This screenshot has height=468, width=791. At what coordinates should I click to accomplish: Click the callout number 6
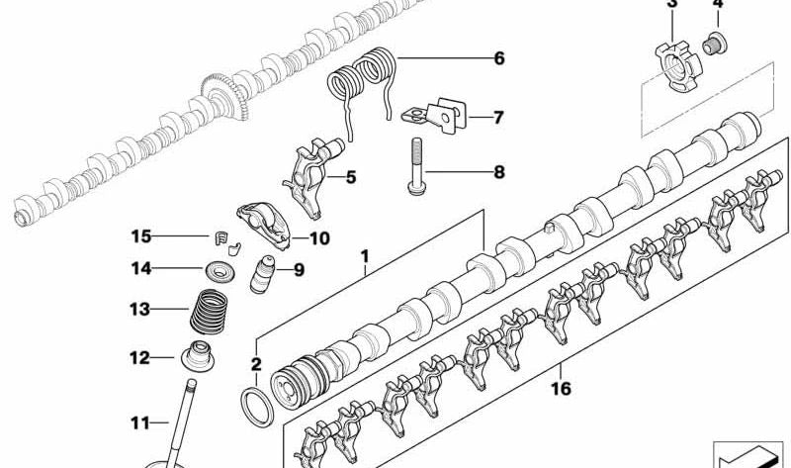(498, 58)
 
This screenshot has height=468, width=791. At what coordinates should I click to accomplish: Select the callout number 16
(561, 391)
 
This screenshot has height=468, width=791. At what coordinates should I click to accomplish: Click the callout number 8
(498, 172)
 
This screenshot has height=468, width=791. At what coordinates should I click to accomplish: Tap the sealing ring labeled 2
(258, 407)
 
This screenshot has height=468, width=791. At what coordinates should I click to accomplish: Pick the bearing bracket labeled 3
(673, 67)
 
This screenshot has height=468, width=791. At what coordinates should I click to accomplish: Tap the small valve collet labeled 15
(223, 237)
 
